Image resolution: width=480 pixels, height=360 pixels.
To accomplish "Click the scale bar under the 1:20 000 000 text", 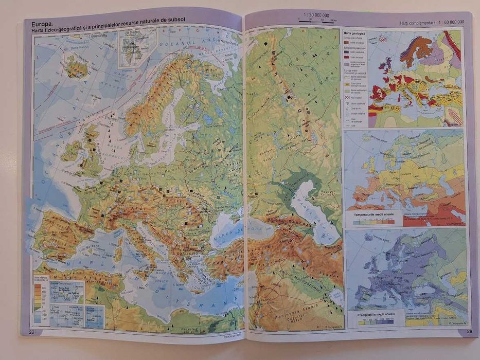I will (x=318, y=21).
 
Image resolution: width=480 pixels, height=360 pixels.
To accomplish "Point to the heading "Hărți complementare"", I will (x=416, y=22).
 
